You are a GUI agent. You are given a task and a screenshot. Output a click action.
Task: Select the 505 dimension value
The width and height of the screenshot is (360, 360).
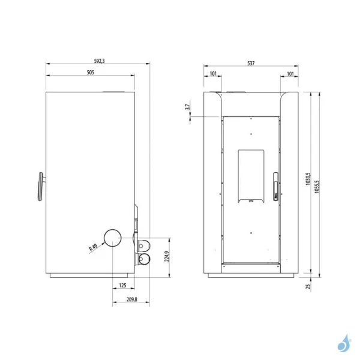tap(90, 72)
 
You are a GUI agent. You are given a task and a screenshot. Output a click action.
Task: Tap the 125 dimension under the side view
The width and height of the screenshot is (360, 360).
tap(123, 284)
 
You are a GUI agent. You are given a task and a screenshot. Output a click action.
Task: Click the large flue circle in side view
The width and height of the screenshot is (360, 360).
tap(112, 239)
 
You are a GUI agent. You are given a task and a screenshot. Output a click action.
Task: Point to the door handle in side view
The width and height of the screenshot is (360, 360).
tap(40, 186)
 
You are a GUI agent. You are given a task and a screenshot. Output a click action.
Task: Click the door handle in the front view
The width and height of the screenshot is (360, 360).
tap(275, 186)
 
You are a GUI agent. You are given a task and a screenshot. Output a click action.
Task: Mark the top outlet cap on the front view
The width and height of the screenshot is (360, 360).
tap(235, 91)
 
